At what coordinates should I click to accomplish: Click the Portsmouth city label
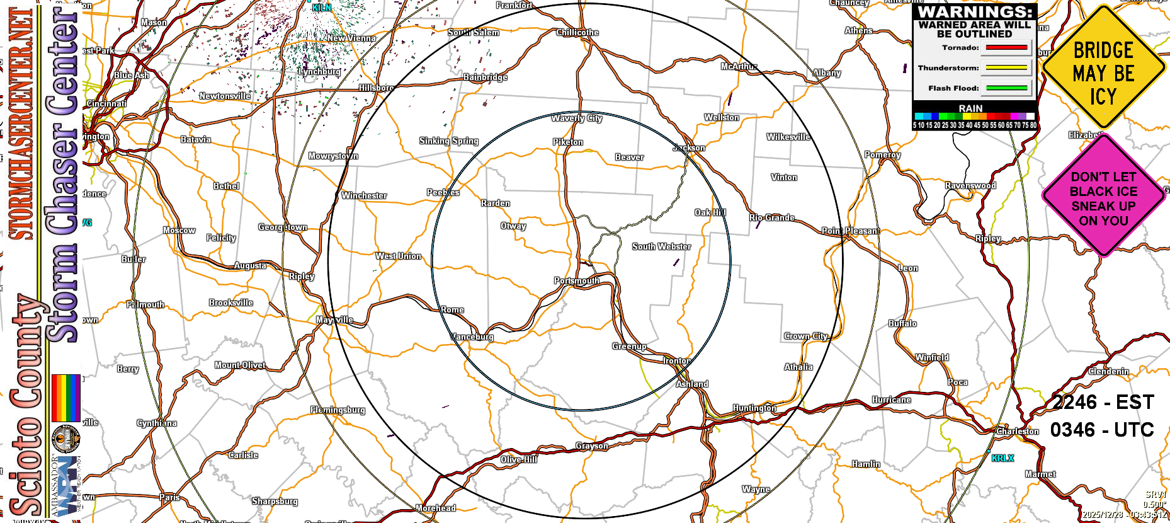click(577, 281)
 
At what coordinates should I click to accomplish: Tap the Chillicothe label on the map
click(577, 33)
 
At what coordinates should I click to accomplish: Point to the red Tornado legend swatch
click(1006, 48)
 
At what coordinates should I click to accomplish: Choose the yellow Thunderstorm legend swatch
click(1006, 68)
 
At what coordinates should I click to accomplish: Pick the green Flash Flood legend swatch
click(1006, 88)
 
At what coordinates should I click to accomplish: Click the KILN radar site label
click(322, 8)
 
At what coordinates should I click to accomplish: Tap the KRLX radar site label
click(1002, 458)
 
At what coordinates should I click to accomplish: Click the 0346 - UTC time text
click(1102, 430)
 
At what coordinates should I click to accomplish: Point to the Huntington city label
click(754, 408)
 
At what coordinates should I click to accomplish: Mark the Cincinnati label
click(106, 104)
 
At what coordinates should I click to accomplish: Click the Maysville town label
click(334, 320)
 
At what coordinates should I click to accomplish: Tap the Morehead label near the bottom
click(436, 508)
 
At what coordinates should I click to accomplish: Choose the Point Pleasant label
click(850, 231)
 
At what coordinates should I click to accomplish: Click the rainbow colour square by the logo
click(65, 398)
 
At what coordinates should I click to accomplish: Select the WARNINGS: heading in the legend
click(975, 12)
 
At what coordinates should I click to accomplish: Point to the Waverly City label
click(577, 118)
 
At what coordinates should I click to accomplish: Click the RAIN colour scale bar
click(975, 117)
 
